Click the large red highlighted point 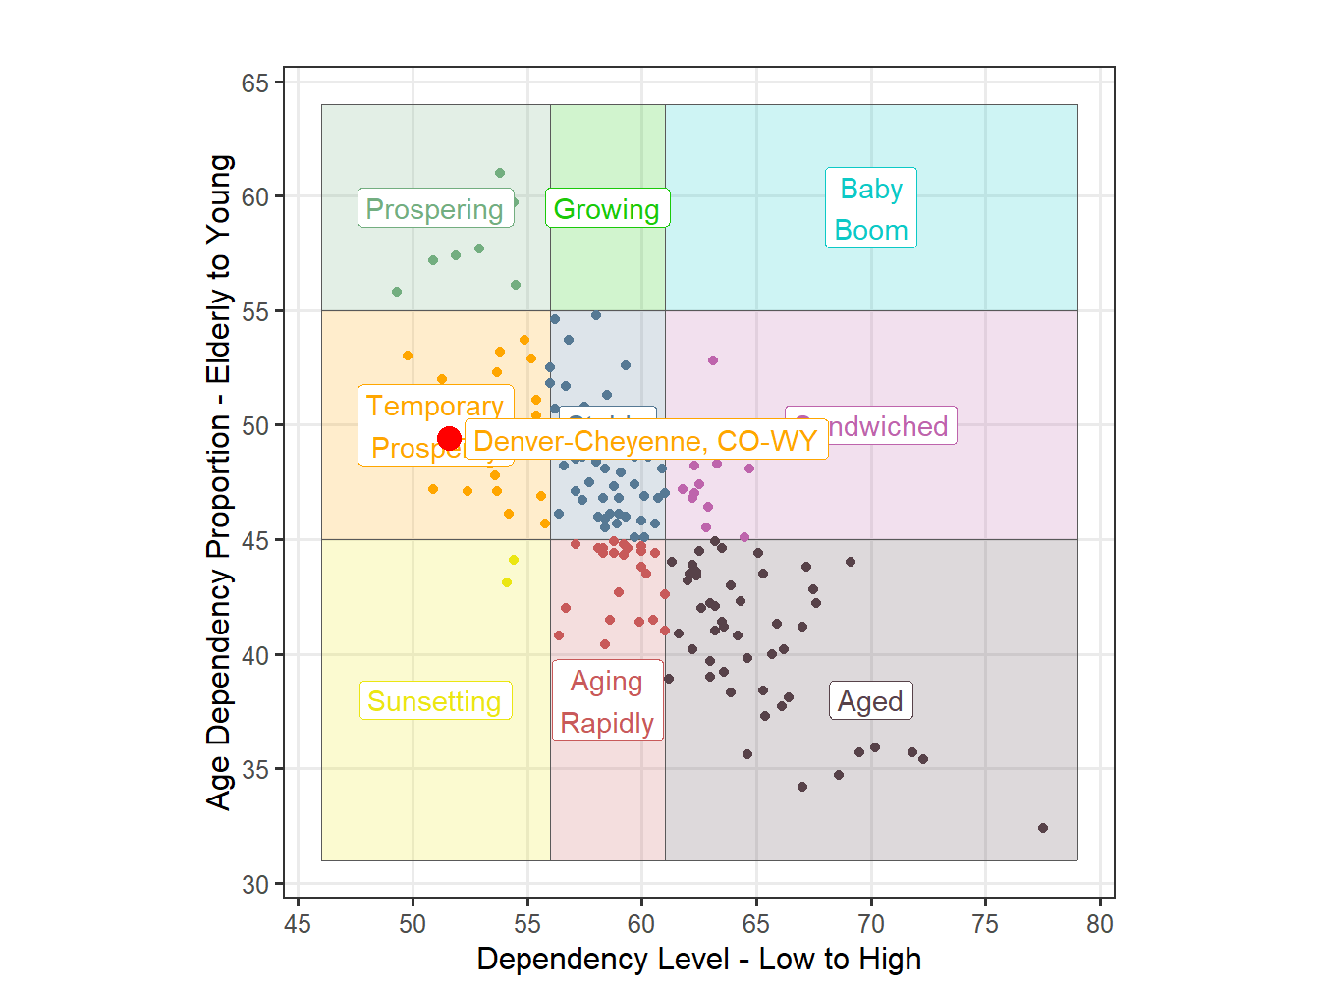pos(450,439)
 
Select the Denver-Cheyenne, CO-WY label pos(645,441)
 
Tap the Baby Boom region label pos(871,208)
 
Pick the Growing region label pos(607,209)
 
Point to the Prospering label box pos(435,209)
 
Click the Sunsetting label pos(434,701)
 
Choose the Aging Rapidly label pos(607,701)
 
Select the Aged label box pos(870,701)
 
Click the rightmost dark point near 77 pos(1043,828)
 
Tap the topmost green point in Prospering pos(500,173)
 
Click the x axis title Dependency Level pos(698,960)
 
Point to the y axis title pos(219,481)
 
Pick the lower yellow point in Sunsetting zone pos(507,582)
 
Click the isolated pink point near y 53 pos(713,360)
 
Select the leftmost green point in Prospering pos(397,292)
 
